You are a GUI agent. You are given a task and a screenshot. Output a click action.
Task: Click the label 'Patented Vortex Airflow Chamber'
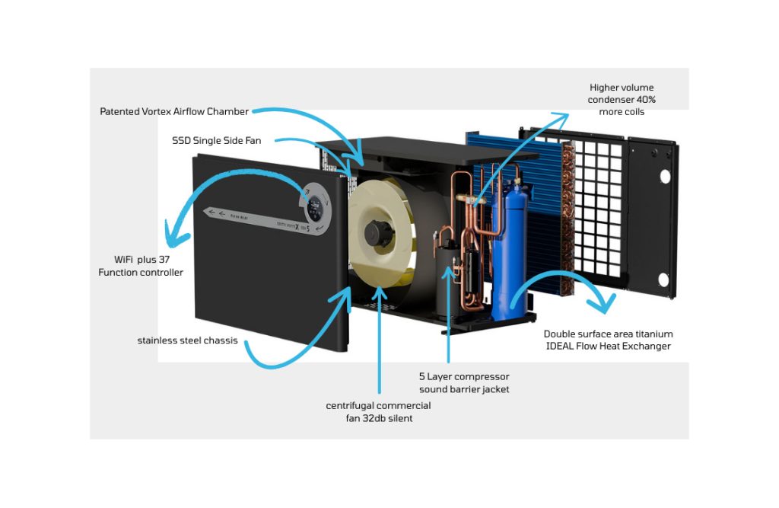point(174,112)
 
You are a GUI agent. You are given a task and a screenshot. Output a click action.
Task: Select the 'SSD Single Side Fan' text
point(218,141)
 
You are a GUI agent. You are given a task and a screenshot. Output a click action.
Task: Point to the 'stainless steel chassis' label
point(187,340)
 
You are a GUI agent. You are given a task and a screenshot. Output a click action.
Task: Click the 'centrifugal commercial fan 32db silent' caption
point(378,411)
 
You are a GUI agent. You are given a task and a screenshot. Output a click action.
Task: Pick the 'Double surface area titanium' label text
point(608,334)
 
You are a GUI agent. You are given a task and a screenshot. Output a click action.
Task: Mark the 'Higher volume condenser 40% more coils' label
point(620,100)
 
